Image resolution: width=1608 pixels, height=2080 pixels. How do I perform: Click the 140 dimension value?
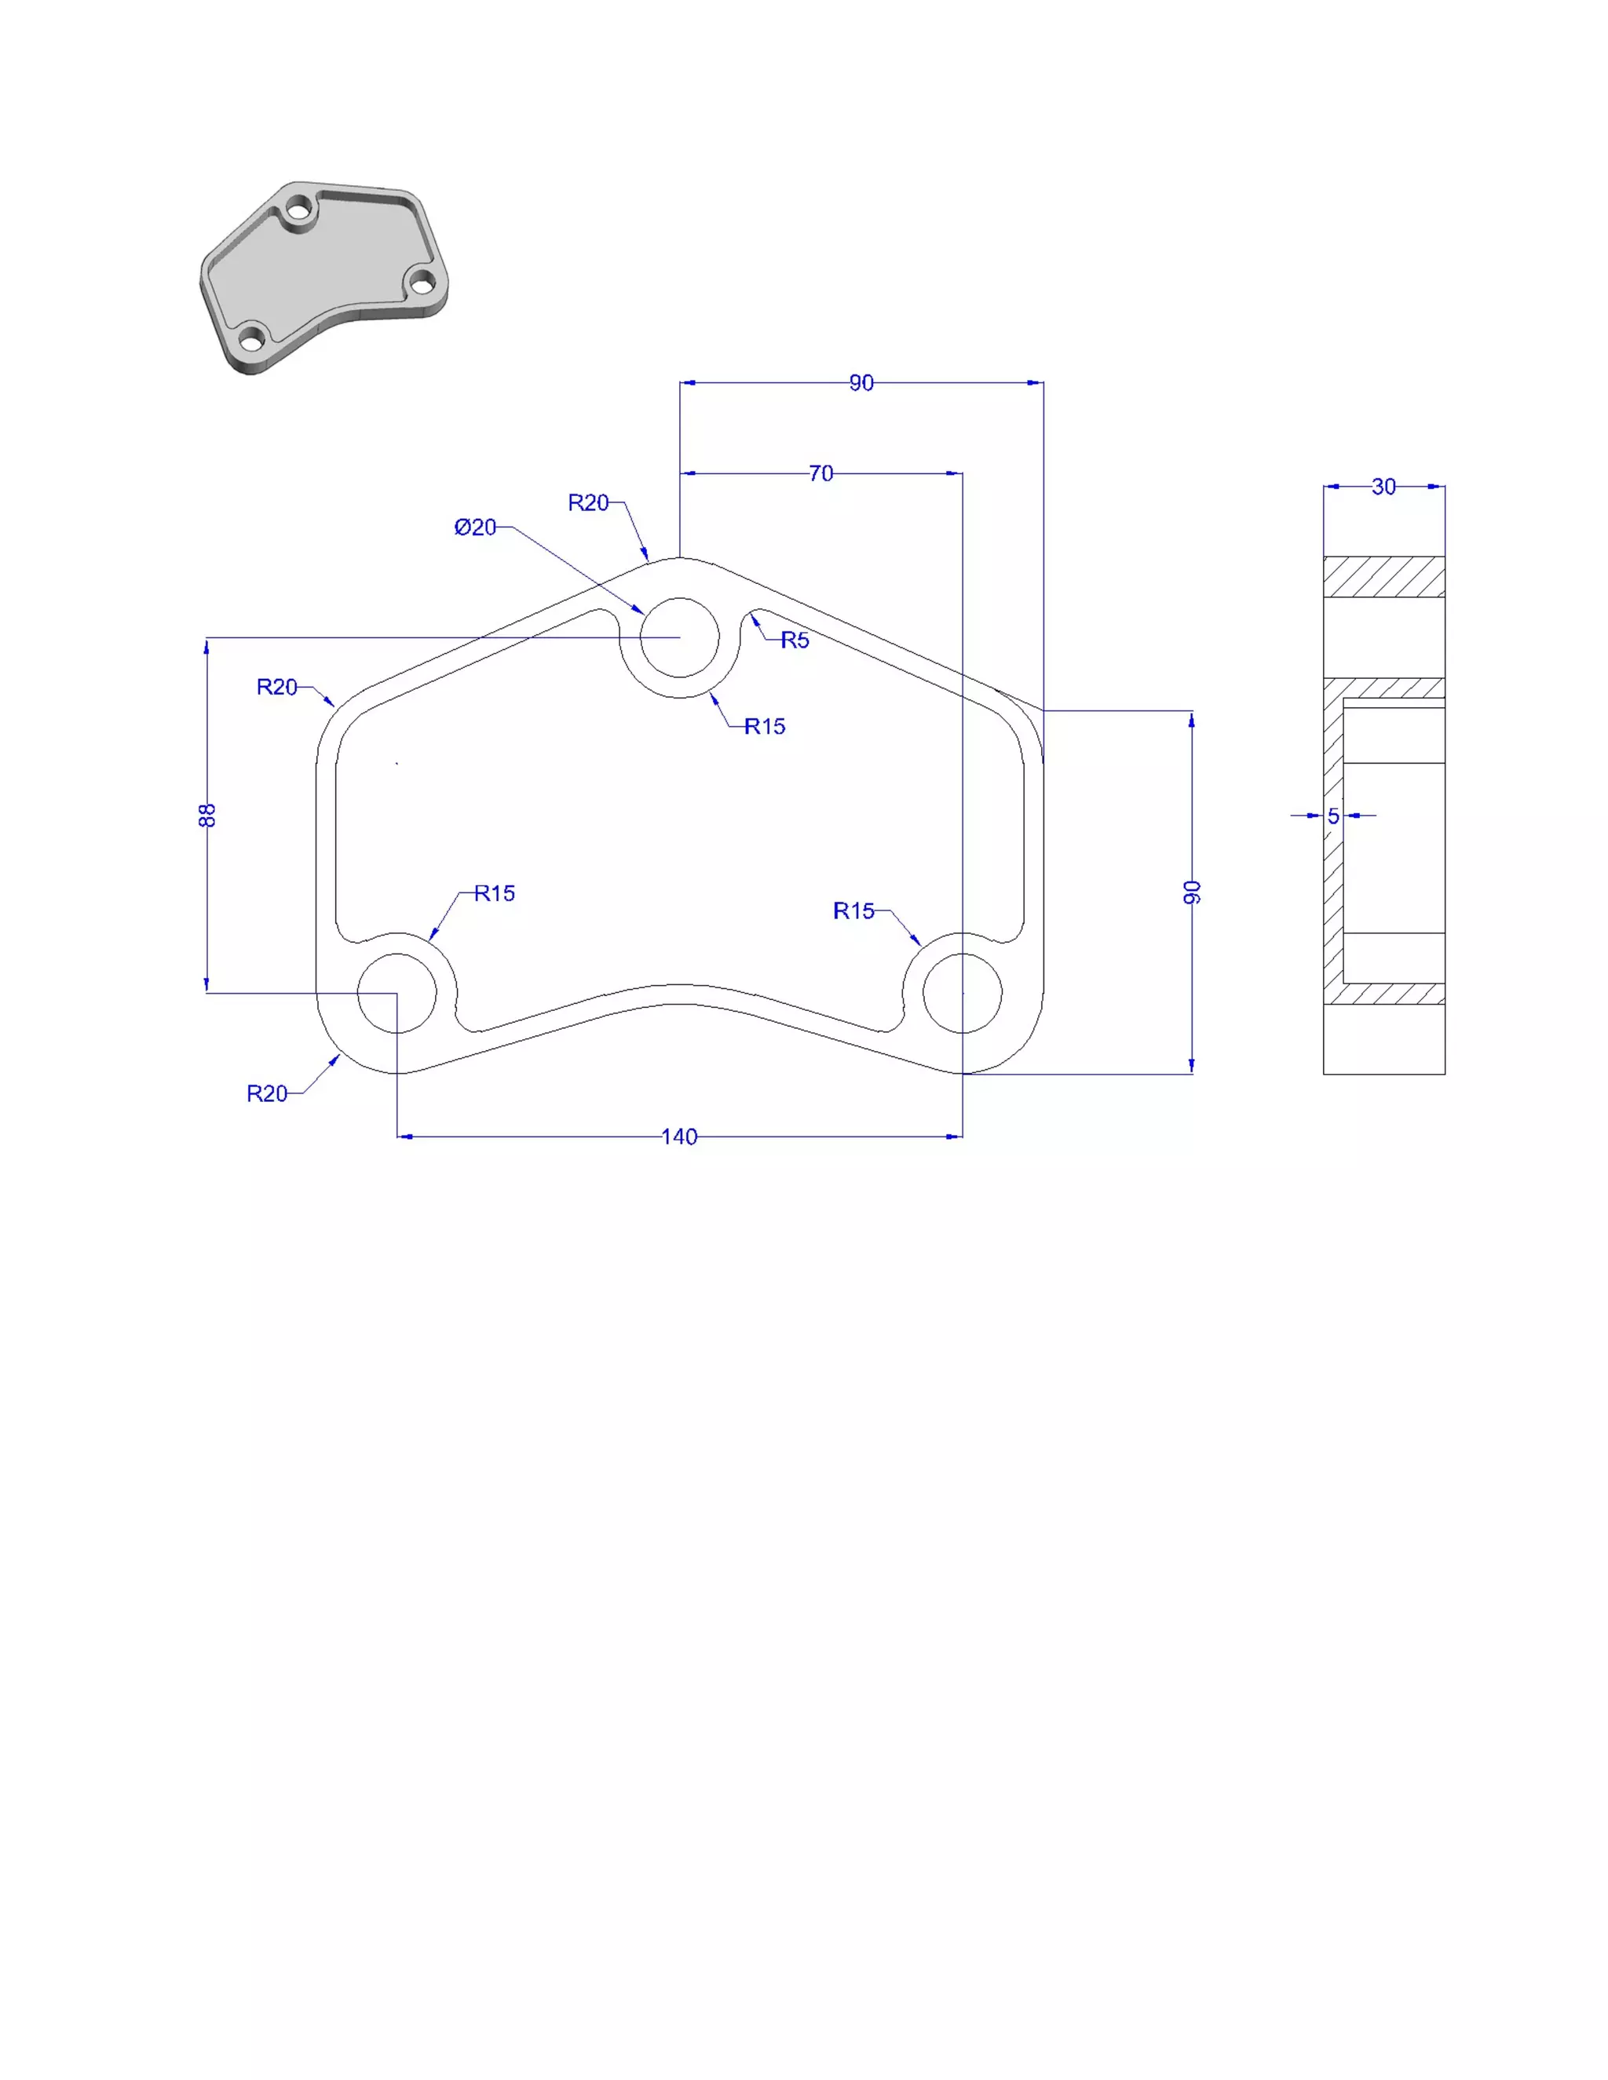[679, 1137]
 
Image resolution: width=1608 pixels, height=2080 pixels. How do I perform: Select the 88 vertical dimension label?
[207, 816]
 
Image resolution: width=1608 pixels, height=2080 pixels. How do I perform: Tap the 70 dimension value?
[820, 473]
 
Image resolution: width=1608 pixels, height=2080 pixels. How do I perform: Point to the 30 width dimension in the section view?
[1383, 487]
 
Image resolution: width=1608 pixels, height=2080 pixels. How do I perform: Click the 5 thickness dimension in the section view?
[1332, 816]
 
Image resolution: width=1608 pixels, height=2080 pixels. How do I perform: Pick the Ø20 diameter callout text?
[475, 527]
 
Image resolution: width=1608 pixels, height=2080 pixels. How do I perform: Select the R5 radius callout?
[795, 640]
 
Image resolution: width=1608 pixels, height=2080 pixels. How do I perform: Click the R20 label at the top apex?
[588, 503]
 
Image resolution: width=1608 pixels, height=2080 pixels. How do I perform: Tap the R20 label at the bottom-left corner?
[267, 1093]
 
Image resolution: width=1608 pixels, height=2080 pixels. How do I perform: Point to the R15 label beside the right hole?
[853, 911]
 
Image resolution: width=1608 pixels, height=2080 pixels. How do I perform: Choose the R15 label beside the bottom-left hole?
[495, 893]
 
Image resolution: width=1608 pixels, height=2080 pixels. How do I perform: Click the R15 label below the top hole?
[765, 727]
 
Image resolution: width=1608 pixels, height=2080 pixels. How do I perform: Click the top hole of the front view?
[679, 637]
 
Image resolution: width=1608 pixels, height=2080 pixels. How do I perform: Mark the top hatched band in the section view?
[1383, 576]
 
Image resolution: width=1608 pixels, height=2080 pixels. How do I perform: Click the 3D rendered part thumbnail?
[324, 276]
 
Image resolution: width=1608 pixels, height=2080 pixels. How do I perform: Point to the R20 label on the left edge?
[277, 687]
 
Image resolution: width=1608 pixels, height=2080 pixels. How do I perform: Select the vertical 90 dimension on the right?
[1192, 892]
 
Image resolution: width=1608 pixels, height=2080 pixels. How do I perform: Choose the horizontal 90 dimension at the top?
[861, 383]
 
